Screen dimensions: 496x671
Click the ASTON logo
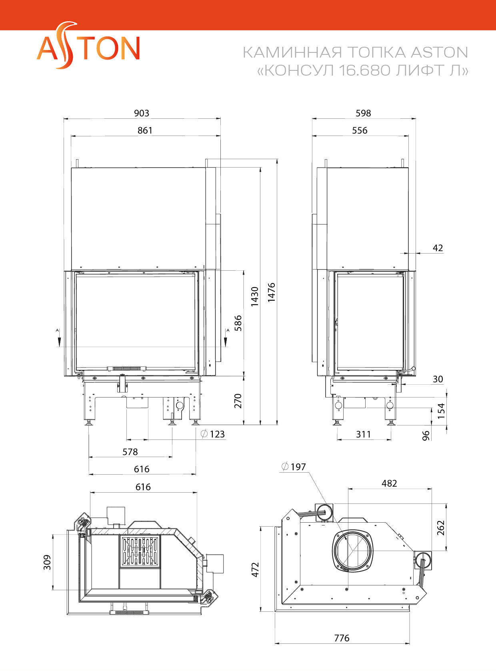tap(88, 45)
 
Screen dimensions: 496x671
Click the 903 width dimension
tap(142, 113)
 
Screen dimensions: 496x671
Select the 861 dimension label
tap(145, 130)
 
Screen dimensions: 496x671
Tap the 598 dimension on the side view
tap(363, 113)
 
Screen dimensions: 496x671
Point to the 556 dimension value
tap(360, 130)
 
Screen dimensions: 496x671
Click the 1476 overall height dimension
tap(272, 292)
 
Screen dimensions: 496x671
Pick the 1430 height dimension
tap(254, 296)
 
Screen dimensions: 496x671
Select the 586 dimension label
tap(238, 323)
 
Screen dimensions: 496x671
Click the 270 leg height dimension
tap(238, 401)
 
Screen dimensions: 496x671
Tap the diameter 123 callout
tap(213, 434)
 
